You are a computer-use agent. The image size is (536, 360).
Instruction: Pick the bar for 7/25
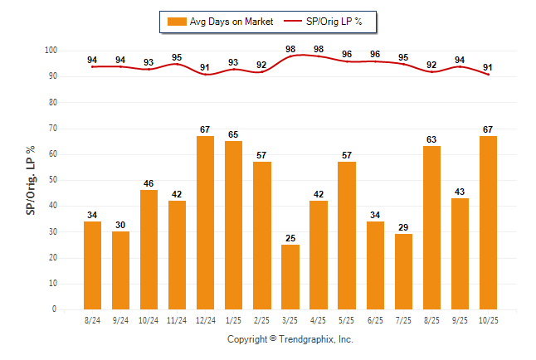pos(403,271)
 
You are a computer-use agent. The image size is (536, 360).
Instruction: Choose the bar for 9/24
pos(120,270)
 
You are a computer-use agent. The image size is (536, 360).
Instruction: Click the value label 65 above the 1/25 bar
pos(233,134)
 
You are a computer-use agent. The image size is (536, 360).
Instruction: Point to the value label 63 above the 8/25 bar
pos(431,139)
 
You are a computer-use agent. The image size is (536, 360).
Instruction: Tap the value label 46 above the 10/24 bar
pos(149,182)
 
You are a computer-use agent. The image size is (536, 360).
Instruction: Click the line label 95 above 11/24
pos(177,57)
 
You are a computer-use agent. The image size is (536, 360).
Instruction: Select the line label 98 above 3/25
pos(290,49)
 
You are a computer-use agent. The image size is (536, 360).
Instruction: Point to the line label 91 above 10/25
pos(488,67)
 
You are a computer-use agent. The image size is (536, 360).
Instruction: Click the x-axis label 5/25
pos(347,319)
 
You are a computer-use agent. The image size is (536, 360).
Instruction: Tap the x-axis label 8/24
pos(92,319)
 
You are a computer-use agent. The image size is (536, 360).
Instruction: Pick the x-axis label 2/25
pos(261,319)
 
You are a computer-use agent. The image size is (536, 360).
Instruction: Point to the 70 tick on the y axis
pos(51,129)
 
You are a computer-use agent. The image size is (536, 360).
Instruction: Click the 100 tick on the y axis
pos(50,51)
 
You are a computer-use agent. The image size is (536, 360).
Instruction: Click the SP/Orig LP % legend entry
pos(329,22)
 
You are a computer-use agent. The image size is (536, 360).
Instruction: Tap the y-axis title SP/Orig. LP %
pos(32,179)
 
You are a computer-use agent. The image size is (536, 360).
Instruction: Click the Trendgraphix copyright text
pos(290,339)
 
